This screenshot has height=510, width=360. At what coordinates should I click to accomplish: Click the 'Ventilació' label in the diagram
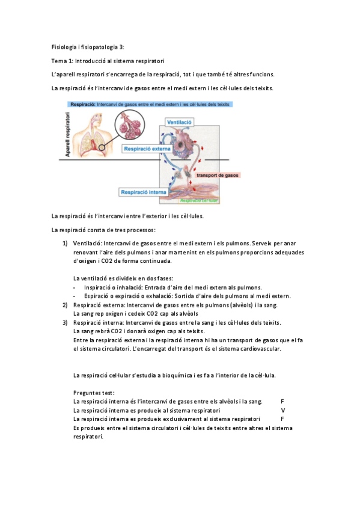tap(179, 121)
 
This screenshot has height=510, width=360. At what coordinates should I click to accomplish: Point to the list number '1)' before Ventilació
tap(64, 243)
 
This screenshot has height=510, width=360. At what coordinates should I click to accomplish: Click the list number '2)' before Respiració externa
tap(64, 305)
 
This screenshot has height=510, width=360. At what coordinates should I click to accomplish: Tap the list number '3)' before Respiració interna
tap(64, 322)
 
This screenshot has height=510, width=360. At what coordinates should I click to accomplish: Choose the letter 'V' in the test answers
tap(283, 410)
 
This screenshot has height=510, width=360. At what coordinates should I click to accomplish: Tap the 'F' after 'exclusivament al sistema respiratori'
tap(282, 419)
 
